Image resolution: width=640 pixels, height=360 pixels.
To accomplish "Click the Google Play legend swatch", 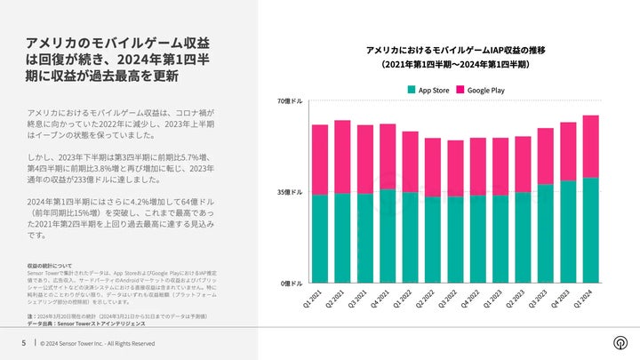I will (x=461, y=90).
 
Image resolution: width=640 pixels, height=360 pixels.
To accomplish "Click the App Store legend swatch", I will (x=412, y=90).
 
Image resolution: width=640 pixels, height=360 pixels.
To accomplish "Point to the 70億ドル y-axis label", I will (x=290, y=101).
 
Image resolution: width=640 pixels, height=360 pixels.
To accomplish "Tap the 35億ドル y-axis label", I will (x=290, y=192).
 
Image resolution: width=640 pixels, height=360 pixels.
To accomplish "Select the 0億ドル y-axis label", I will (x=292, y=283).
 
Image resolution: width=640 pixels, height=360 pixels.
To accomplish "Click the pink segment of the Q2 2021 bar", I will (x=342, y=156).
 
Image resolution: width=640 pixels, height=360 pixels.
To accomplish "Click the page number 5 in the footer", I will (x=23, y=342).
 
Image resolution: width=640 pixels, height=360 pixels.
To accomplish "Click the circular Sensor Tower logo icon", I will (x=619, y=342).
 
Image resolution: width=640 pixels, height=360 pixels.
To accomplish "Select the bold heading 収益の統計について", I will (x=50, y=266).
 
